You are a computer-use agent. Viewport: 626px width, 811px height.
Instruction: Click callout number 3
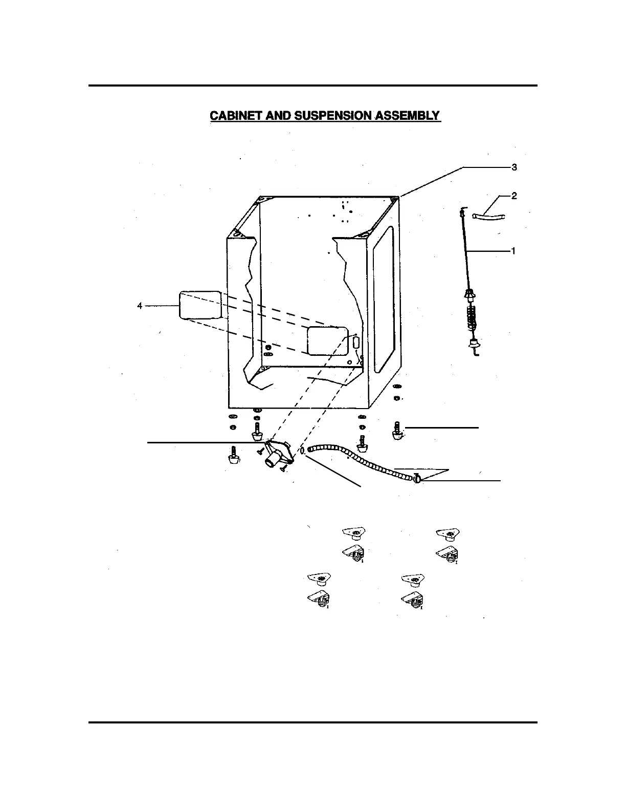[x=515, y=167]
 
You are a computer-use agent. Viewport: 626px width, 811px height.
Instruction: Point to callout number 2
[x=515, y=196]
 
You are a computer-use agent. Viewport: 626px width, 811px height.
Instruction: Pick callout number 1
[x=513, y=251]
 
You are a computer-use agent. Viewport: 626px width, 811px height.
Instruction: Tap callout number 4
[x=140, y=306]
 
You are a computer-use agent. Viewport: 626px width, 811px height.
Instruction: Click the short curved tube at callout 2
[x=488, y=217]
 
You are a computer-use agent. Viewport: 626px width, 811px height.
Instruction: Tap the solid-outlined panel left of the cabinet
[x=200, y=306]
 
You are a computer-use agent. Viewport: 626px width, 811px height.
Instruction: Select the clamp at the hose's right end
[x=417, y=479]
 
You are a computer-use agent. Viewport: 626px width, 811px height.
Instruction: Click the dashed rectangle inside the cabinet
[x=327, y=340]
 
